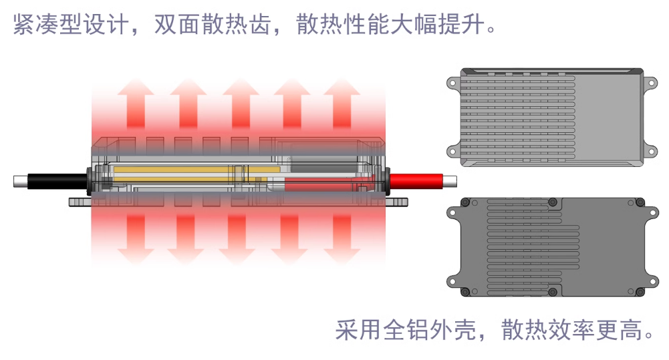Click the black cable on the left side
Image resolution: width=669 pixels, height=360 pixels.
click(57, 181)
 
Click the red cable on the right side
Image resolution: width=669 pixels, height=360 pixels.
click(417, 181)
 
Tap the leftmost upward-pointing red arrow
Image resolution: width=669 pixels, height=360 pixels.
click(136, 104)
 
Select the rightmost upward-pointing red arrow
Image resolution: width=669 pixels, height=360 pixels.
click(342, 104)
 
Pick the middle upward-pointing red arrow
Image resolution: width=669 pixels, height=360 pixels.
click(241, 104)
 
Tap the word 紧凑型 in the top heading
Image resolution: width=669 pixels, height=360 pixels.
click(47, 24)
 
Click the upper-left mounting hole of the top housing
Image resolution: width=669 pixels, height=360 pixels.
click(452, 83)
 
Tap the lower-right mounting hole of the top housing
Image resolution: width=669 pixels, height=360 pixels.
click(651, 152)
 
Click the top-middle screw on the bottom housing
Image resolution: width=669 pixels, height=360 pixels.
click(553, 202)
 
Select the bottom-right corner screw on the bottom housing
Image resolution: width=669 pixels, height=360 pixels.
click(640, 292)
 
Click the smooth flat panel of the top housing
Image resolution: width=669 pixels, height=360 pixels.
click(608, 118)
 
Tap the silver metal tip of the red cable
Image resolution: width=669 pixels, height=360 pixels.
click(450, 181)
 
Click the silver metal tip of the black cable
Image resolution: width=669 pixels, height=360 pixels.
click(21, 181)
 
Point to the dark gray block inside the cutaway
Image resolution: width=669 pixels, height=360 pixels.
click(323, 164)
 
